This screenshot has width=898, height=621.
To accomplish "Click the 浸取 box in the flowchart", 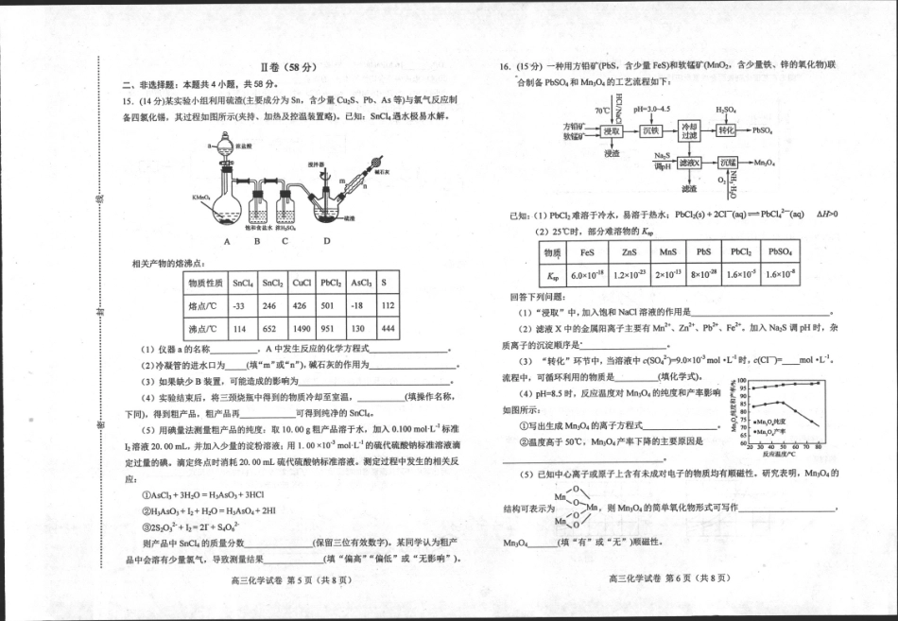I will click(x=613, y=131).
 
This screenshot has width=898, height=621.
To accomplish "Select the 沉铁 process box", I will click(x=651, y=131).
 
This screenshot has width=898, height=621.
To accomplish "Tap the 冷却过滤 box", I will click(x=690, y=131).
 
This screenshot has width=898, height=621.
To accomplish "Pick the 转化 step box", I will click(x=727, y=130).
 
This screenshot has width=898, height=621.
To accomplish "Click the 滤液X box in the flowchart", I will click(x=690, y=163).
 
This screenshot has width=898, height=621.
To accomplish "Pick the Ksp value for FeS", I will click(x=586, y=276).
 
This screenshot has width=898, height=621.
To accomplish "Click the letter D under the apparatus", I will click(x=327, y=240).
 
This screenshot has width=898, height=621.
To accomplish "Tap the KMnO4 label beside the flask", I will click(x=200, y=198).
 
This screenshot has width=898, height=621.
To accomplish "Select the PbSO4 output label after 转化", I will click(x=764, y=131).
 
